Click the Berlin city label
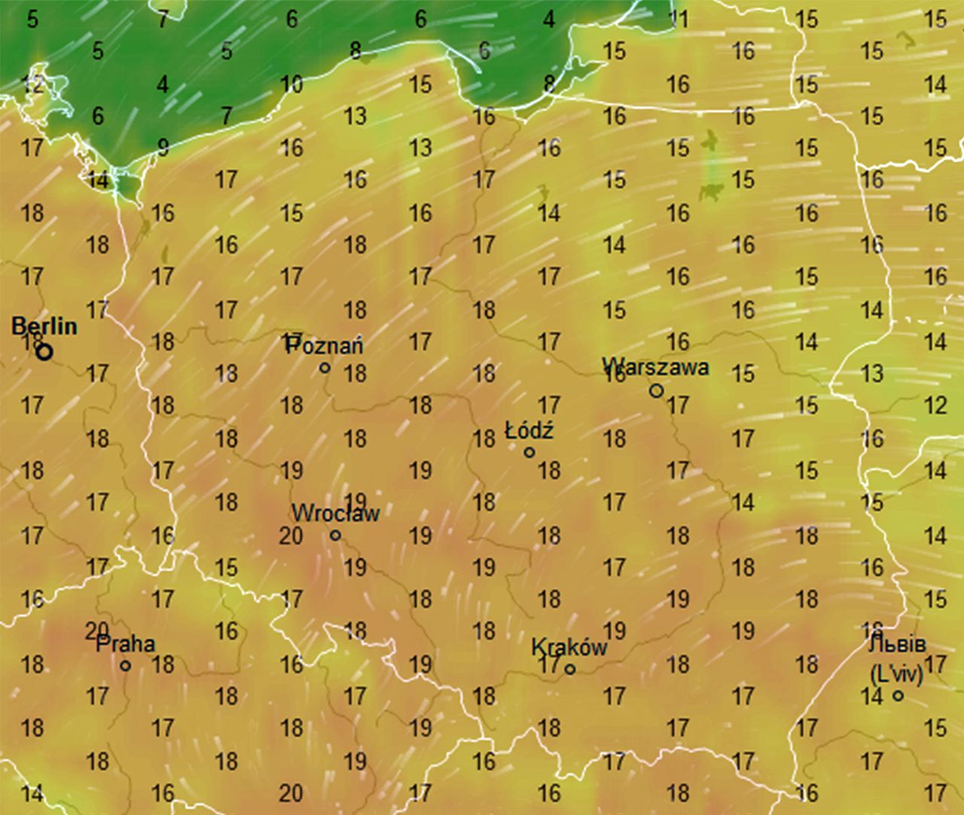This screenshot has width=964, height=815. (44, 326)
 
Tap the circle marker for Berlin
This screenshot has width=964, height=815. (44, 351)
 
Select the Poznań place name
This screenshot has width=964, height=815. (325, 346)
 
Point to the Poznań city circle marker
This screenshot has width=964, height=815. (325, 368)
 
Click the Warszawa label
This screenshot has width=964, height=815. (655, 367)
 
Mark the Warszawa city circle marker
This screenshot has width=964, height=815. (656, 390)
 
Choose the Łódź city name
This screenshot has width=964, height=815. (529, 431)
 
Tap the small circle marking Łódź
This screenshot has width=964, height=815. (529, 452)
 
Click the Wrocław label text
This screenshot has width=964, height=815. (335, 514)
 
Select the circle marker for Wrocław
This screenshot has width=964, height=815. (335, 536)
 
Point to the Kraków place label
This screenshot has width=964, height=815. (569, 647)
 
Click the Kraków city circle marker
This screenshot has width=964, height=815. (570, 668)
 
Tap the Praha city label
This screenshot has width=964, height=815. (126, 644)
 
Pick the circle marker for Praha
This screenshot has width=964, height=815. (126, 666)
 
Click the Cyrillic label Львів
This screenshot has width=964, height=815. (896, 645)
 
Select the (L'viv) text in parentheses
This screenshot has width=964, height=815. (896, 673)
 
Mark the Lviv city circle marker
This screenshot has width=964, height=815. (898, 695)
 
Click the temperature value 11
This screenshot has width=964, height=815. (678, 19)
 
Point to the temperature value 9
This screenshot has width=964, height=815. (163, 147)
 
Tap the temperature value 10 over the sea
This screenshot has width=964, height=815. (291, 84)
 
